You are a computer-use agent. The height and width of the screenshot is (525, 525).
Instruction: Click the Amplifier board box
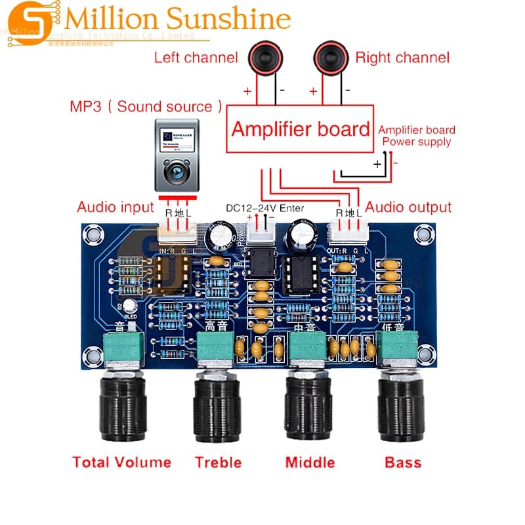click(x=301, y=128)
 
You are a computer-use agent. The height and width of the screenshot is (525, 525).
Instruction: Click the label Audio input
click(x=115, y=207)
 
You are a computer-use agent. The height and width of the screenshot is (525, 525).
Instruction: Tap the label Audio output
click(x=408, y=207)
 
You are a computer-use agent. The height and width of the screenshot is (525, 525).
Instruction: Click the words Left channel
click(x=196, y=58)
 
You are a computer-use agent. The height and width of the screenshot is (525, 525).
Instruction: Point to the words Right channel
click(x=403, y=58)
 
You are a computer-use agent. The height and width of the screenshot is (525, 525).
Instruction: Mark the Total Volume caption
click(x=122, y=462)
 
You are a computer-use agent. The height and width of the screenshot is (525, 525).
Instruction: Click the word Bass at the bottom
click(x=403, y=462)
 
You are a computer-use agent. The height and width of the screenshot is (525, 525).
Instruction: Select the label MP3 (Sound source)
click(x=145, y=106)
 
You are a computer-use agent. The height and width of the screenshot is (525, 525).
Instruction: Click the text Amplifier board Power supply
click(x=417, y=136)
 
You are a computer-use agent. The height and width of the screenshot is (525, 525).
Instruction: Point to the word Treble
click(x=218, y=462)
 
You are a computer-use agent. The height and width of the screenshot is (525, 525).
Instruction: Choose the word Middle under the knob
click(x=310, y=462)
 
